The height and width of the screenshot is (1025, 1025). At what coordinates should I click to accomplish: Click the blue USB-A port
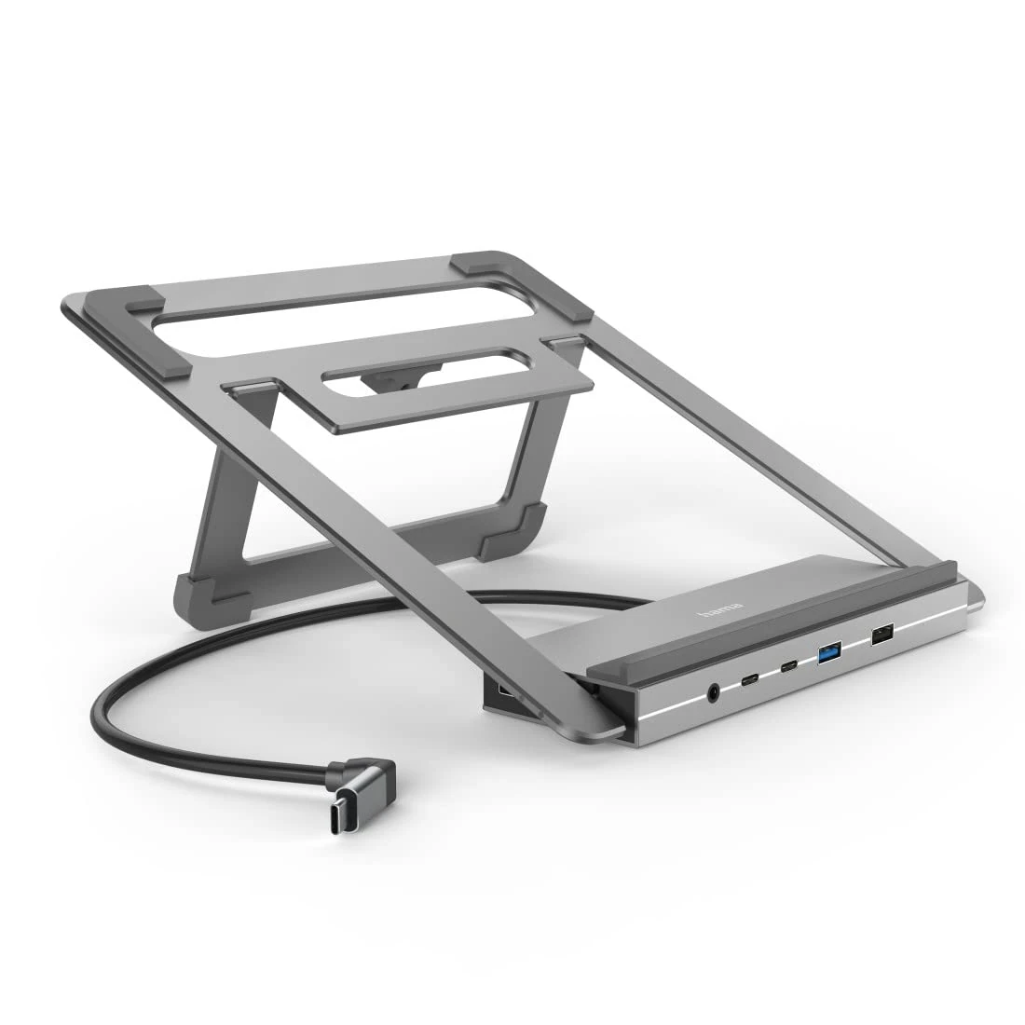tap(828, 653)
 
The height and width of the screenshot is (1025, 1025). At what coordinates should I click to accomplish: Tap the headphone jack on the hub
tap(715, 692)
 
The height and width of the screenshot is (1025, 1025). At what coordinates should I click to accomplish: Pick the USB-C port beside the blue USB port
tap(789, 667)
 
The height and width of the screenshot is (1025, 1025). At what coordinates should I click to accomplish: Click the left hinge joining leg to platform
tap(250, 385)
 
